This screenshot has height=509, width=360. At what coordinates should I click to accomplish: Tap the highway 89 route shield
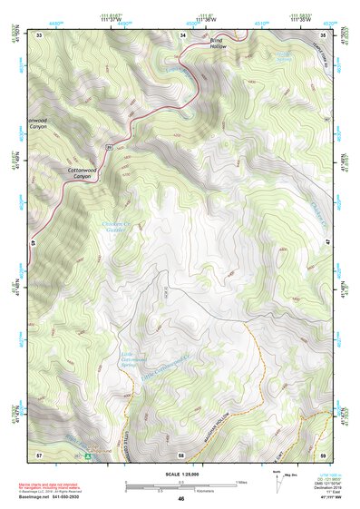[108, 146]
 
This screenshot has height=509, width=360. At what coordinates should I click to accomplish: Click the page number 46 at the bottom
[181, 499]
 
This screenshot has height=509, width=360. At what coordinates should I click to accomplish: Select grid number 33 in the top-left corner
[40, 34]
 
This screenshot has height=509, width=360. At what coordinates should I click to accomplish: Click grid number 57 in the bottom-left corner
[39, 453]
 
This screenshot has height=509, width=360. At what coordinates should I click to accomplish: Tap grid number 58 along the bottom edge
[182, 453]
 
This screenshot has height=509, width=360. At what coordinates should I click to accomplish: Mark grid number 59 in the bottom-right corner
[325, 453]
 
